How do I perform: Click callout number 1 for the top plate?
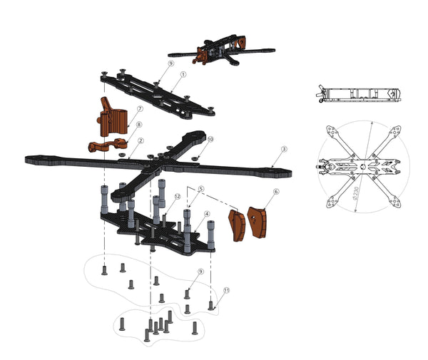[x=183, y=74]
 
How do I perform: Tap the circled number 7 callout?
[x=140, y=109]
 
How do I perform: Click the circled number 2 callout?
[x=141, y=142]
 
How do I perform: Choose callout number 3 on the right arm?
[x=284, y=150]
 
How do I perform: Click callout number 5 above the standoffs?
[x=201, y=189]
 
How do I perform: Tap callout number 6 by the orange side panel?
[x=276, y=192]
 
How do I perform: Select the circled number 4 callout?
[x=207, y=214]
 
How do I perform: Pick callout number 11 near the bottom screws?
[x=226, y=291]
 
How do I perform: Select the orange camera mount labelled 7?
[x=113, y=116]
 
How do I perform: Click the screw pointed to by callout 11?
[x=211, y=306]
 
